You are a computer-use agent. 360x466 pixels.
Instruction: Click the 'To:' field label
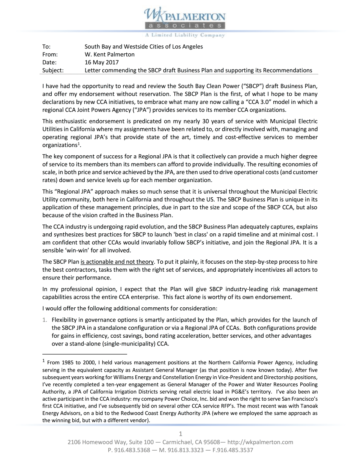coord(46,47)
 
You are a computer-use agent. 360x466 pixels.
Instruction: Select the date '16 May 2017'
coord(101,62)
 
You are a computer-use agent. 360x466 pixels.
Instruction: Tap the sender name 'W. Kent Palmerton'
coord(109,54)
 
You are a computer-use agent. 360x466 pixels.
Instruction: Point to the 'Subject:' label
coord(53,70)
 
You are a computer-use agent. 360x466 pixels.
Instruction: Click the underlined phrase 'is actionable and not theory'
coord(117,262)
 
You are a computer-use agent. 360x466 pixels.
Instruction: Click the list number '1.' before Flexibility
coord(45,320)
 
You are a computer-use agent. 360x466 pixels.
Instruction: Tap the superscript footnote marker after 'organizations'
coord(78,143)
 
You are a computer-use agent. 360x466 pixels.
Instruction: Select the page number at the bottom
coord(180,434)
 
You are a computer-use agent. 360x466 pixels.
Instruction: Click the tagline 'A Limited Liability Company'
coord(185,35)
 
